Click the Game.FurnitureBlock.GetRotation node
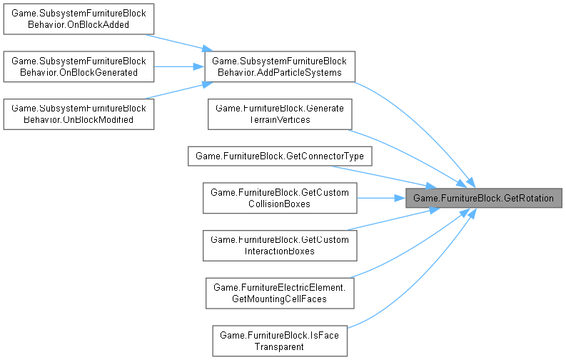(484, 198)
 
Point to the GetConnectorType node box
(279, 156)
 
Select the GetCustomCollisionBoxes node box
(279, 198)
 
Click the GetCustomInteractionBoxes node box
(279, 245)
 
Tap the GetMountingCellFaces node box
(279, 293)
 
